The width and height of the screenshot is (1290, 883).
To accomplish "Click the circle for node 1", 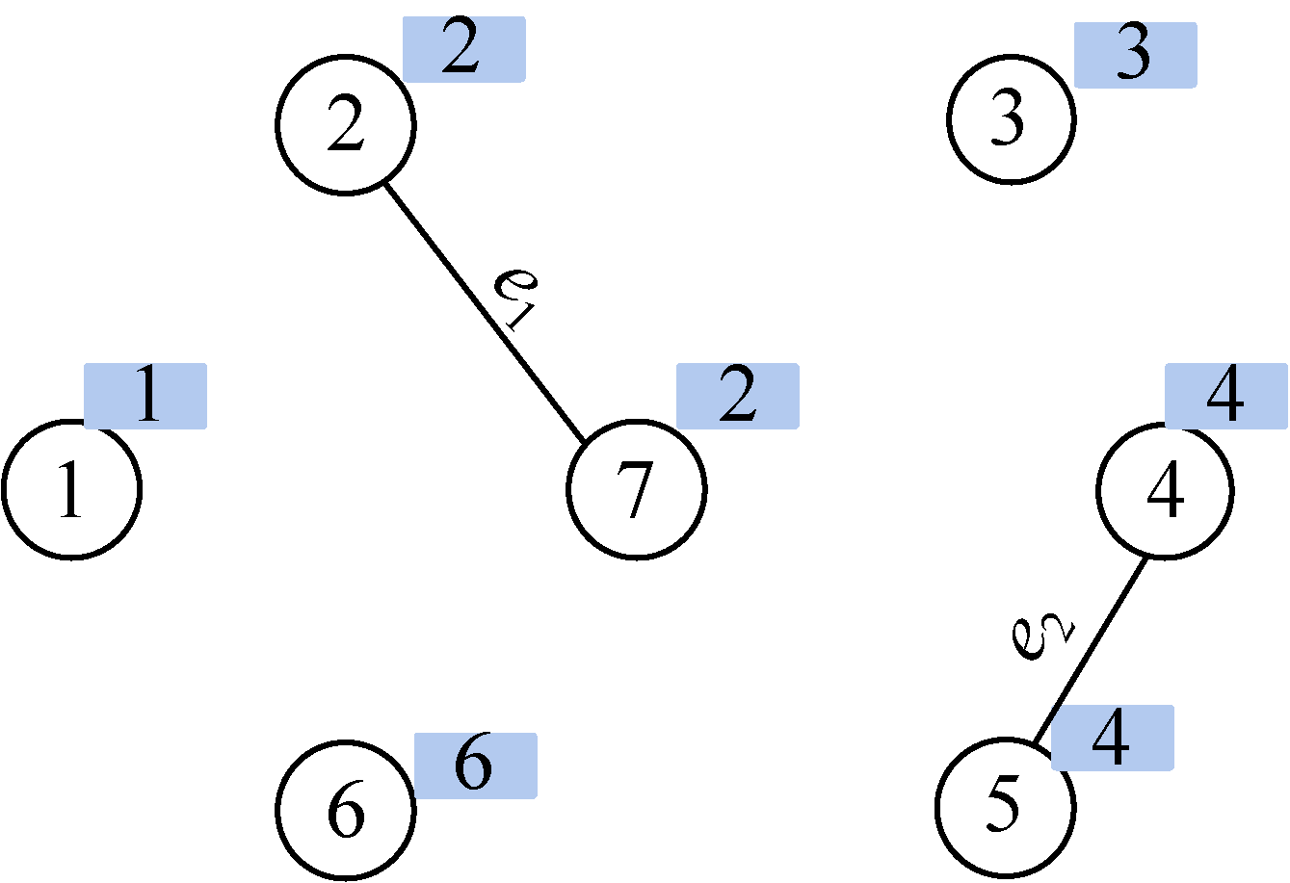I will [71, 488].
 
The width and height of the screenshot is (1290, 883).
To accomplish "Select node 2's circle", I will [346, 124].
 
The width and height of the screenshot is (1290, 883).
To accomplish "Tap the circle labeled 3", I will [1011, 120].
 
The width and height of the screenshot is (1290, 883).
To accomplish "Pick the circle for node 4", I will [1166, 490].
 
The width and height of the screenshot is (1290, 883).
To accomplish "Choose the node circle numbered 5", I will [1005, 805].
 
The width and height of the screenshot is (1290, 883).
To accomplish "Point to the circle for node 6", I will [346, 810].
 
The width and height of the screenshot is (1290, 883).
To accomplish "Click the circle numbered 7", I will [636, 488].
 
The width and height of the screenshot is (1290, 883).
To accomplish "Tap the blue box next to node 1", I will [145, 396].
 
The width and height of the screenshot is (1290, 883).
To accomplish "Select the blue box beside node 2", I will [463, 49].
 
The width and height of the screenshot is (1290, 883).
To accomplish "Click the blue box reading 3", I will [1135, 55].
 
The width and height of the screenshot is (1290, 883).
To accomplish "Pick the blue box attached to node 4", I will [1225, 396].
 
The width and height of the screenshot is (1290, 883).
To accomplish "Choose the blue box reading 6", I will [475, 766].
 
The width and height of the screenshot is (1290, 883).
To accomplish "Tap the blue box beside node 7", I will [737, 396].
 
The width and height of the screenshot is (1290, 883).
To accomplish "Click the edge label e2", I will [1042, 636].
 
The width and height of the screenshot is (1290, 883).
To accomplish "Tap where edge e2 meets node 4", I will [1146, 557].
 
